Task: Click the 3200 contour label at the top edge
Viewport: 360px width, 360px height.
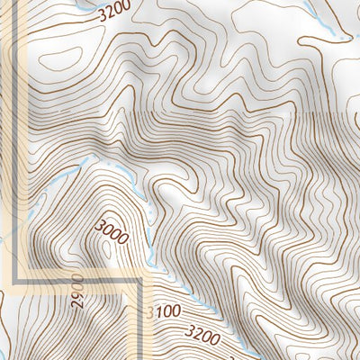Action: [x=113, y=11]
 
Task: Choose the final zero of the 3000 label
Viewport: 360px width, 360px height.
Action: [x=124, y=241]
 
